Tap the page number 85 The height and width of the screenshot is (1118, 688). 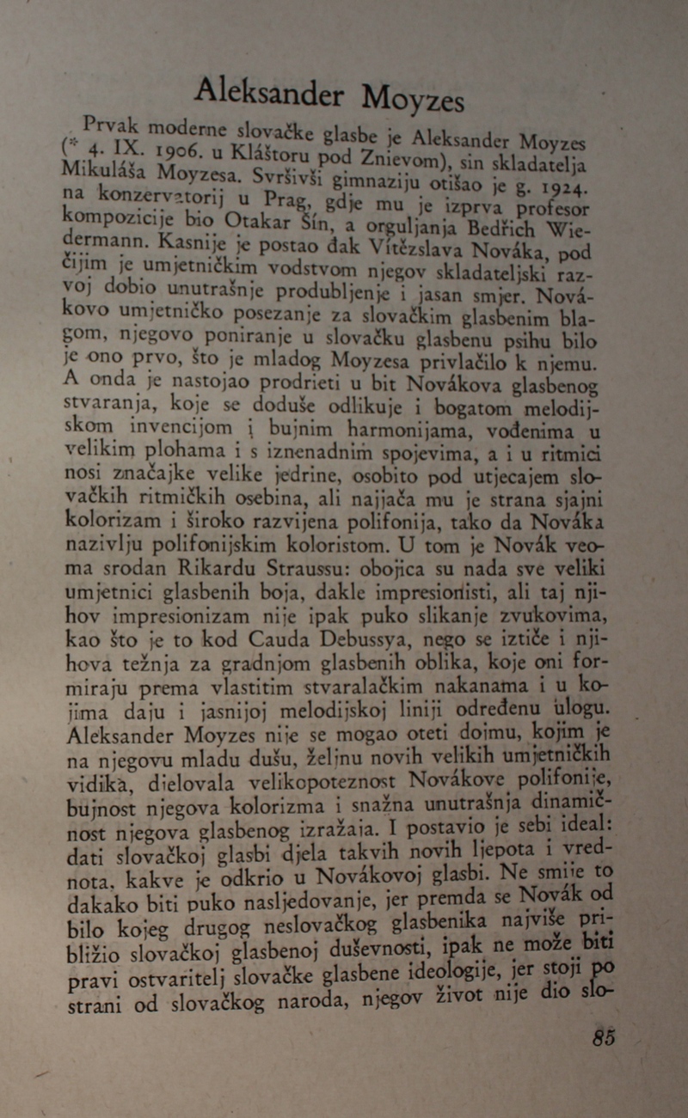tap(604, 1037)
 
